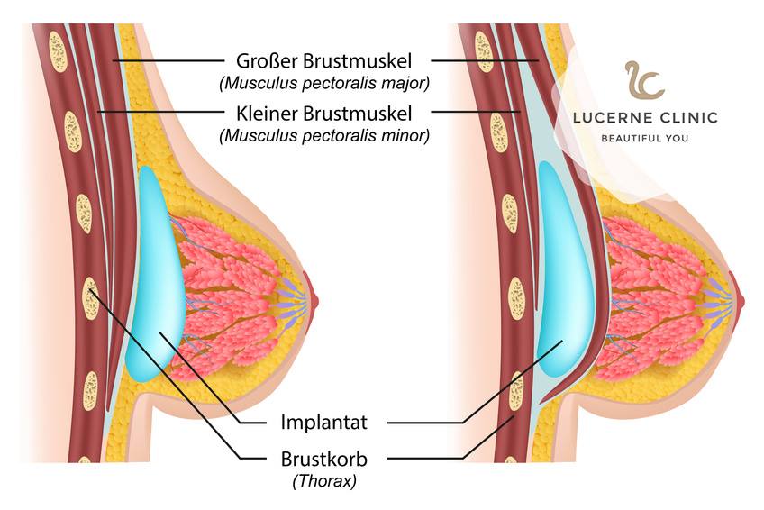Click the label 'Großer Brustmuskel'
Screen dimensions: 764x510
(323, 61)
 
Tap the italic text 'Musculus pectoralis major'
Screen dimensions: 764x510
(324, 83)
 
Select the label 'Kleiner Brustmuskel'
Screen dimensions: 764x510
(323, 114)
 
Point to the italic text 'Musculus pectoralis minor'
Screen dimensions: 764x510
(324, 135)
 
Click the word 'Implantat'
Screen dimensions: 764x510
(323, 422)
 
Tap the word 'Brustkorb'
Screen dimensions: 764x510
(323, 459)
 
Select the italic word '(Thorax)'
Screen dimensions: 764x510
(324, 481)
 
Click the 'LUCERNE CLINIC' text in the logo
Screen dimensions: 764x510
(645, 118)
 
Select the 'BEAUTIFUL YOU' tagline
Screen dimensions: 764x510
(645, 139)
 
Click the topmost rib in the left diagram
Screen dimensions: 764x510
(58, 52)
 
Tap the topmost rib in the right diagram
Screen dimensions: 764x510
(482, 51)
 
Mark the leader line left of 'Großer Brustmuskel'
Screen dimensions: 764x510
(168, 61)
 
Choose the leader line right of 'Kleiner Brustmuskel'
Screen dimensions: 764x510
(476, 112)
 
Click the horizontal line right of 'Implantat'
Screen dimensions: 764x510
(425, 423)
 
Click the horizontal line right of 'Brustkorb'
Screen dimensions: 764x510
(425, 459)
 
